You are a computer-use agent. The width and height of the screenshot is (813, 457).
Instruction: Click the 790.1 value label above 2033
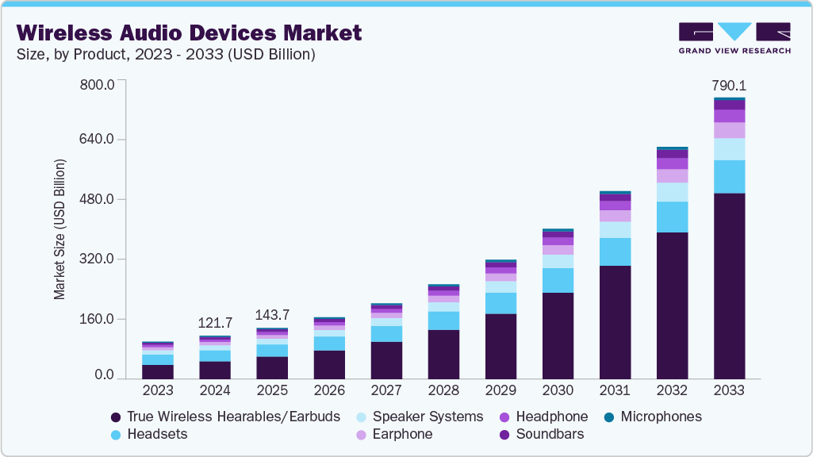point(729,86)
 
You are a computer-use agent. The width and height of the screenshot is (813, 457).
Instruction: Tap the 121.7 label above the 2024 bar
point(215,323)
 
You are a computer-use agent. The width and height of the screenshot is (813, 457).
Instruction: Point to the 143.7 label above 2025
point(272,315)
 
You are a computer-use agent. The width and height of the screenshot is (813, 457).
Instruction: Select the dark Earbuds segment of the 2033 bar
point(729,286)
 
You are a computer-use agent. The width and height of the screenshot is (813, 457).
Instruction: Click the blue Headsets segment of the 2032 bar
point(672,217)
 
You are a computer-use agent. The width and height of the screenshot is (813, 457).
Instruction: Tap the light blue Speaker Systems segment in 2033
point(729,149)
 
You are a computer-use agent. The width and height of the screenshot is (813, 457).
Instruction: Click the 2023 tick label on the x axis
point(158,390)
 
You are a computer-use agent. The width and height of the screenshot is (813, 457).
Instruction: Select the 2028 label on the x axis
point(443,390)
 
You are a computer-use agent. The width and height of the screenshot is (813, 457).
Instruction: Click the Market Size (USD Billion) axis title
point(59,230)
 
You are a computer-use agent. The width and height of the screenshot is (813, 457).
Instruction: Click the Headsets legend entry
point(155,434)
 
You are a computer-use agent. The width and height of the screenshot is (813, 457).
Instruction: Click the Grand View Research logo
point(734,38)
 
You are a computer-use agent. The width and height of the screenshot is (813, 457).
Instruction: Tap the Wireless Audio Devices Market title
point(189,33)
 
